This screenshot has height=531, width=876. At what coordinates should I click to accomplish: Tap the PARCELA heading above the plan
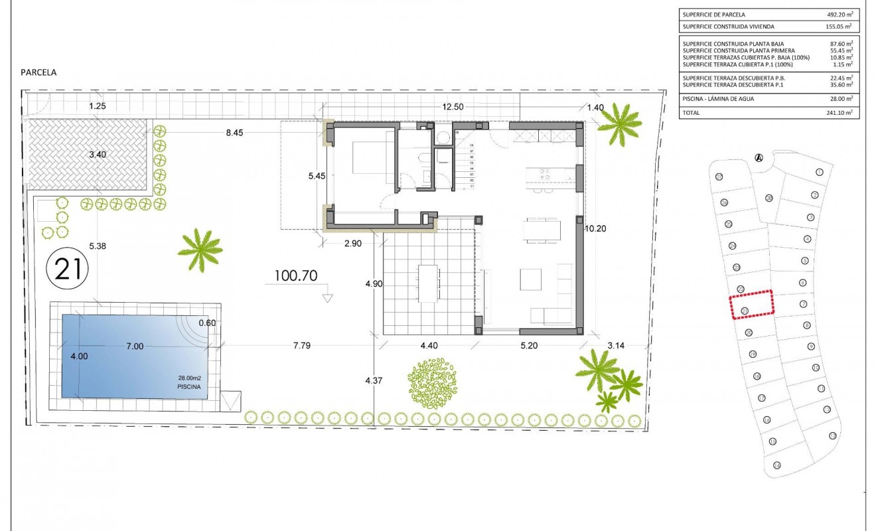pyautogui.click(x=38, y=73)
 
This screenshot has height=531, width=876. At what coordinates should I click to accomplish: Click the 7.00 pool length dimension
pyautogui.click(x=135, y=346)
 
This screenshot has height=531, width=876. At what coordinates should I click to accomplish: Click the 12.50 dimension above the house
pyautogui.click(x=453, y=106)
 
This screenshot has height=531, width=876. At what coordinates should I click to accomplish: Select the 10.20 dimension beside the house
pyautogui.click(x=595, y=228)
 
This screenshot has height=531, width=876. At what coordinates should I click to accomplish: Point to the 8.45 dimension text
pyautogui.click(x=234, y=133)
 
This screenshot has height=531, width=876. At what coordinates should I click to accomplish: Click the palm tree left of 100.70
pyautogui.click(x=200, y=249)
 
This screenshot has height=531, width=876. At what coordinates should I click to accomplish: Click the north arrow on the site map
pyautogui.click(x=758, y=157)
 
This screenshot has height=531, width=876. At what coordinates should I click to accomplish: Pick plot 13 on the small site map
pyautogui.click(x=833, y=435)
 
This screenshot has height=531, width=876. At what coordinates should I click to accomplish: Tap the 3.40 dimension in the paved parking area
pyautogui.click(x=97, y=154)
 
